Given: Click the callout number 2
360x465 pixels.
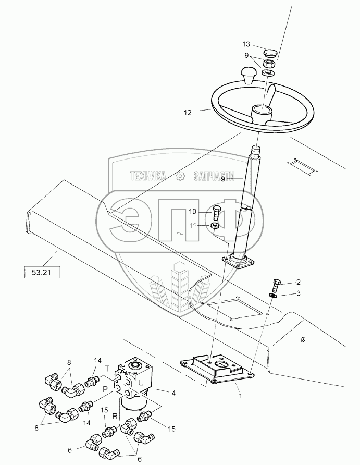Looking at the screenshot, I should point(299,282).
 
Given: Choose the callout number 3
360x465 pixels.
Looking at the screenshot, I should point(299,293).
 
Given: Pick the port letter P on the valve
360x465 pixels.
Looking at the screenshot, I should point(105,388).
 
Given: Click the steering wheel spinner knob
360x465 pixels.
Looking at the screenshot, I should point(248,75).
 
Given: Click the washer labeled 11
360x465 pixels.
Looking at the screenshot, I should point(216,226).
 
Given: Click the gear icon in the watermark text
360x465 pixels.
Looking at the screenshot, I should point(180,177).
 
